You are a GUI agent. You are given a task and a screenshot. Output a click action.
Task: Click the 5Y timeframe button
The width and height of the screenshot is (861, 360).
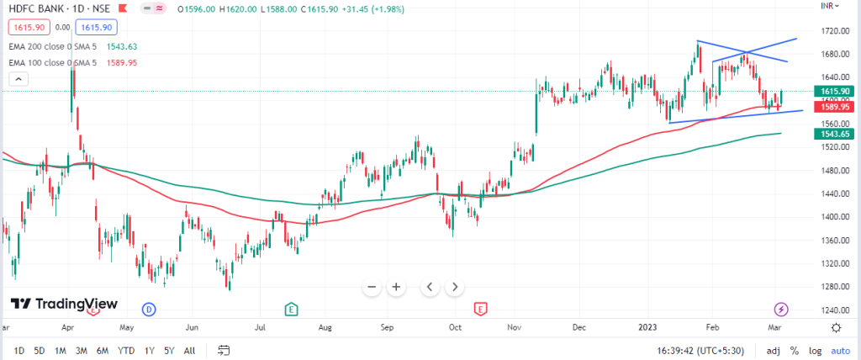(170, 350)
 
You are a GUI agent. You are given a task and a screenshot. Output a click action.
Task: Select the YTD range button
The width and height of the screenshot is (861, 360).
(126, 350)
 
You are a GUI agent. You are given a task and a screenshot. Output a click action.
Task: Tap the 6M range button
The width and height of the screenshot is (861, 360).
(102, 350)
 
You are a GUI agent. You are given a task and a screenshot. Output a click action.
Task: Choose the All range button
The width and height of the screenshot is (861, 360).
(190, 350)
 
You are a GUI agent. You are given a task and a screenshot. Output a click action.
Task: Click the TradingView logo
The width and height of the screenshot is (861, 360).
(64, 304)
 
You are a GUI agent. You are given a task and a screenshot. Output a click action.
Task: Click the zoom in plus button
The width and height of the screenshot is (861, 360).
(396, 287)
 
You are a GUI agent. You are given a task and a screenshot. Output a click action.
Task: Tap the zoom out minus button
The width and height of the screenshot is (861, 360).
(372, 287)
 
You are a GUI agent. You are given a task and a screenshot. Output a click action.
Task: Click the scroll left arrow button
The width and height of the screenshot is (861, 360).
(430, 287)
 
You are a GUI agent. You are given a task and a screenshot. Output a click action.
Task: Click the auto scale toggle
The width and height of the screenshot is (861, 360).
(840, 350)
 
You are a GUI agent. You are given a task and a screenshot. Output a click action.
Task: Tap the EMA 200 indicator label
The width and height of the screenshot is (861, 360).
(50, 46)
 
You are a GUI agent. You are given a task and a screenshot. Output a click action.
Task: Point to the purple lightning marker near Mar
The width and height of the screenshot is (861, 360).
(781, 309)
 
